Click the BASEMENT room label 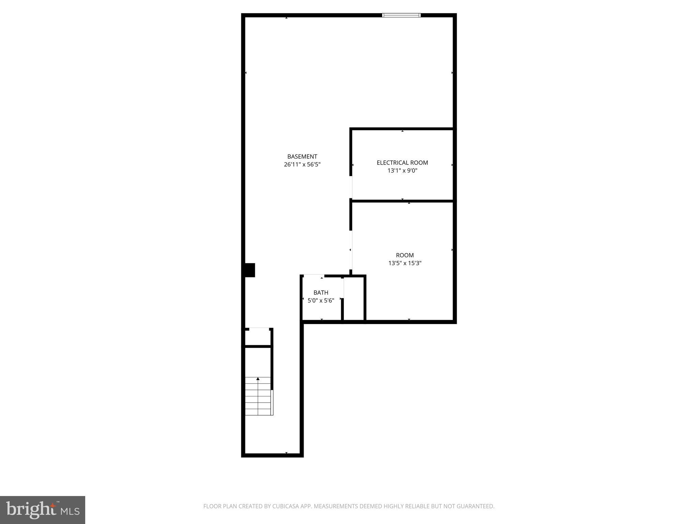(x=302, y=157)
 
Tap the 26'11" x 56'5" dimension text (x=302, y=164)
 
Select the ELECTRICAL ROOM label (x=402, y=163)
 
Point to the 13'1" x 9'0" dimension (x=402, y=171)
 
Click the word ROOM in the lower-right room (x=405, y=255)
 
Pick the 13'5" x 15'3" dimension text (x=405, y=263)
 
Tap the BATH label (x=321, y=293)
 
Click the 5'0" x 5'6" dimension (x=321, y=301)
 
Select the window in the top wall (x=401, y=15)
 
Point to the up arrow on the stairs (x=258, y=379)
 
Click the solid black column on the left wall (x=250, y=270)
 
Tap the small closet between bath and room (x=354, y=299)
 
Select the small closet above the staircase (x=258, y=337)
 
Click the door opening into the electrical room (x=351, y=187)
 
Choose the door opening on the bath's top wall (x=314, y=276)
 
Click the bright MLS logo (x=43, y=510)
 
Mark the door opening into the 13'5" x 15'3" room (x=351, y=250)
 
